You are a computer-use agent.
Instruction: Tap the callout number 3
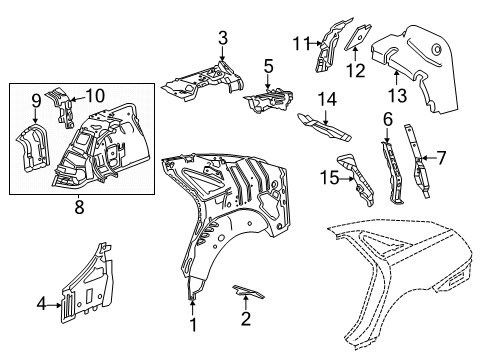(222, 38)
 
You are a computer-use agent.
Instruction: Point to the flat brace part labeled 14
(326, 127)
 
